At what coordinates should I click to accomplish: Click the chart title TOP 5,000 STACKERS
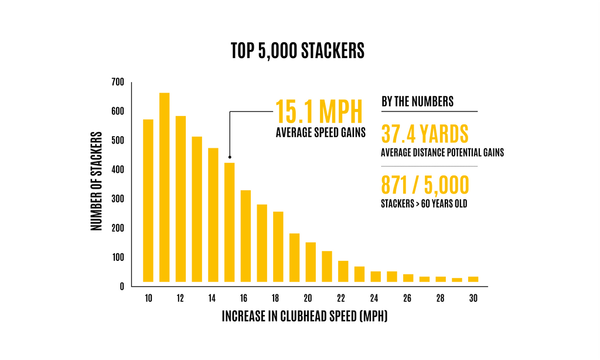click(x=298, y=51)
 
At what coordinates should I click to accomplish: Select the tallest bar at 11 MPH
click(x=164, y=188)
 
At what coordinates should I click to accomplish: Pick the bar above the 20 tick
click(x=311, y=262)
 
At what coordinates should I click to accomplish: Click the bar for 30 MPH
click(x=473, y=279)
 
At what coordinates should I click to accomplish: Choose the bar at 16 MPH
click(x=246, y=236)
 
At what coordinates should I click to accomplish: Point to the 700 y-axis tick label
click(x=117, y=82)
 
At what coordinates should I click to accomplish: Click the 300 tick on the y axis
click(x=117, y=199)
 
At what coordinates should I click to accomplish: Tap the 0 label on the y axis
click(x=121, y=287)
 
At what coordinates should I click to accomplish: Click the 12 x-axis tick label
click(x=180, y=298)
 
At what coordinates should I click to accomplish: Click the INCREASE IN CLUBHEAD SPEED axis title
click(x=305, y=317)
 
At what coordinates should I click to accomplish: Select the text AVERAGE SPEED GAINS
click(x=321, y=133)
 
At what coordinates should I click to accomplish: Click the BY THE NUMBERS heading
click(x=417, y=101)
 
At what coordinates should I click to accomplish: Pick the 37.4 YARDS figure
click(x=425, y=134)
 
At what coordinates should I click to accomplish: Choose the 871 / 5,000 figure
click(x=425, y=186)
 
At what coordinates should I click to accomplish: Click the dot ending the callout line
click(x=230, y=157)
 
